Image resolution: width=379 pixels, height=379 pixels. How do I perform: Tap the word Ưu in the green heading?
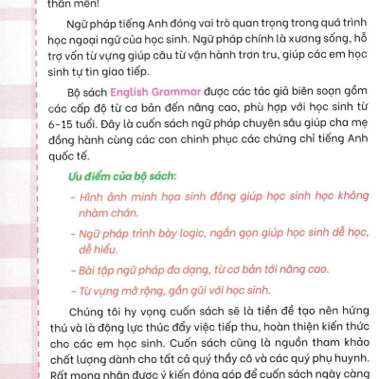(x=75, y=178)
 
